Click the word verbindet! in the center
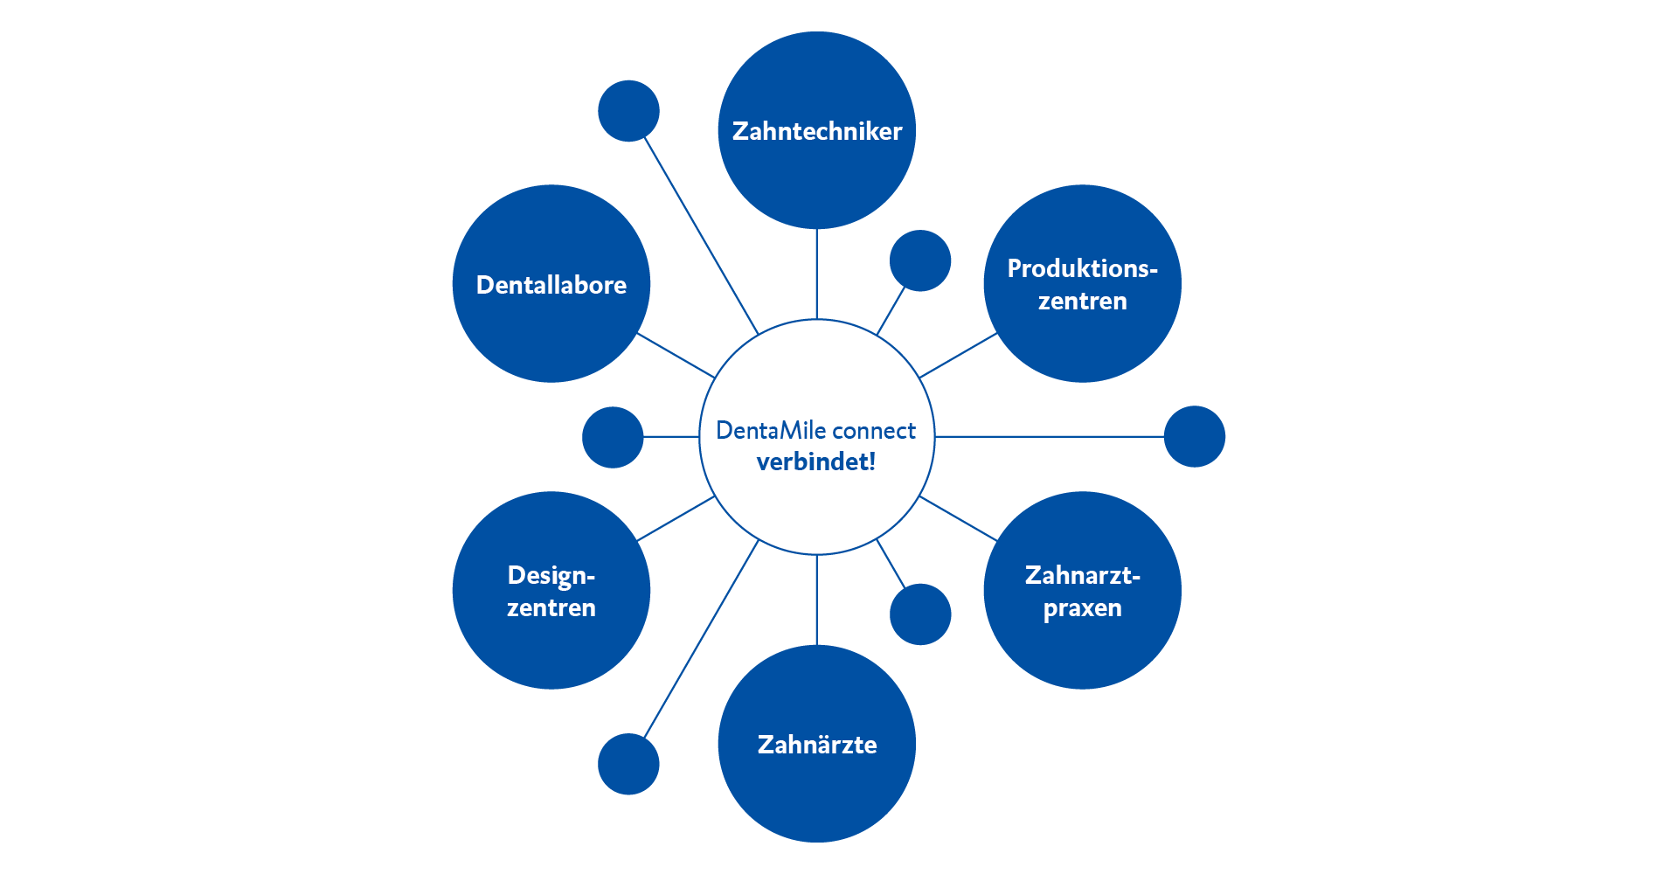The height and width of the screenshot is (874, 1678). [816, 461]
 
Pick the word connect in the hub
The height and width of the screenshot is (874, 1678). [874, 431]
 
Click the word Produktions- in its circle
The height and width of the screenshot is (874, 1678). [1082, 268]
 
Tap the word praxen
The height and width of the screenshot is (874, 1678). [1082, 608]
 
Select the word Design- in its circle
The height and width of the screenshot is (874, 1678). [551, 575]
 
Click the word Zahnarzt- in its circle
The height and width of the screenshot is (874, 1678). [1082, 575]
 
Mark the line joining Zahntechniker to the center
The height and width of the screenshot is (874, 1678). [816, 274]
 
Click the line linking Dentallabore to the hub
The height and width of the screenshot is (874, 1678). [676, 355]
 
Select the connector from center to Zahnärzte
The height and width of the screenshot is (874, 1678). [816, 600]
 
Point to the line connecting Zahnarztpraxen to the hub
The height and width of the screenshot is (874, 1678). [958, 518]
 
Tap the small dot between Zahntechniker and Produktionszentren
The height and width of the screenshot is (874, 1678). [920, 260]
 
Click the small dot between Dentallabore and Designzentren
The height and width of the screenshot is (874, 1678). [613, 437]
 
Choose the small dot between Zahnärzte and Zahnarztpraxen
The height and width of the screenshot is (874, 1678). [920, 614]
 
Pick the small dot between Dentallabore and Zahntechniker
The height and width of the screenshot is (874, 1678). [628, 111]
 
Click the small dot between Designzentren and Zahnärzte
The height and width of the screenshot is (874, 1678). [628, 764]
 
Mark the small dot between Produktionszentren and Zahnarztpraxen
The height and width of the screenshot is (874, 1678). [1195, 436]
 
